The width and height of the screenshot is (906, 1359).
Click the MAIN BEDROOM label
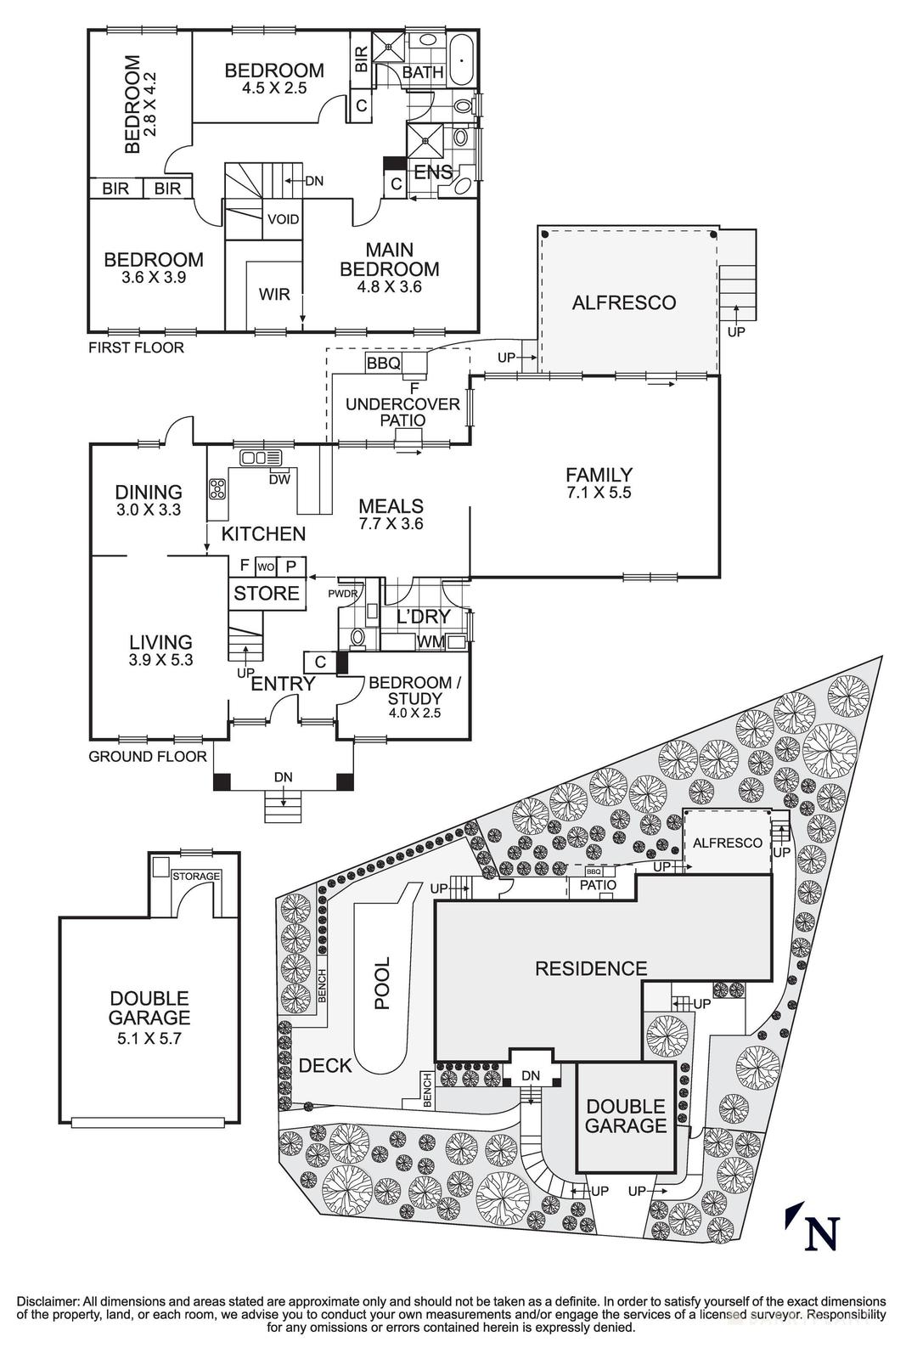click(390, 260)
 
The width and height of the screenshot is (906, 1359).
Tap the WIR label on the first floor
click(274, 295)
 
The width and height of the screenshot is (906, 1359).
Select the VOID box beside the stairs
click(283, 219)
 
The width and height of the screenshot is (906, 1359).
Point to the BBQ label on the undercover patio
click(383, 364)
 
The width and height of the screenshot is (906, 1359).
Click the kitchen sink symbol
click(254, 459)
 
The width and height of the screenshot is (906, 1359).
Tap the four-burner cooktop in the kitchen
click(217, 489)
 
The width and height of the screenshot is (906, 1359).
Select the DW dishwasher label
click(279, 479)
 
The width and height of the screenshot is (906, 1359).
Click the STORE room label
click(267, 593)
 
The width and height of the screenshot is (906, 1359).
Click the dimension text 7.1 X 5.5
click(599, 492)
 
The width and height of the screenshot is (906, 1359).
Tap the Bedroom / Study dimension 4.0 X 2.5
click(405, 713)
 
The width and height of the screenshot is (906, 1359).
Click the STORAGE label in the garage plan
click(196, 876)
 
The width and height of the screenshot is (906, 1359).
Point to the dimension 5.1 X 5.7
click(149, 1037)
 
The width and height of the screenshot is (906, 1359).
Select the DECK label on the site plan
click(325, 1065)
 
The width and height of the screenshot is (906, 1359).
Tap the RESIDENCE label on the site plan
click(591, 968)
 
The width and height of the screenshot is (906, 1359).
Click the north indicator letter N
click(820, 1232)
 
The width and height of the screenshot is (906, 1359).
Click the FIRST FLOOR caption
click(136, 347)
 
